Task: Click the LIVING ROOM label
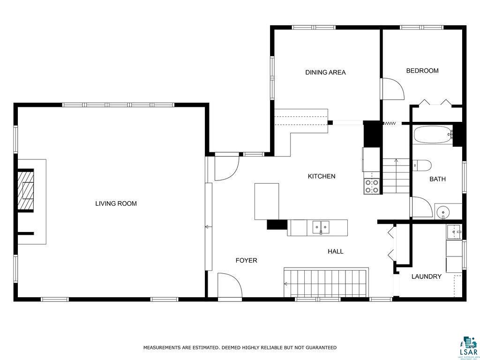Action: [116, 203]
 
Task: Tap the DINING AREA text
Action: [325, 72]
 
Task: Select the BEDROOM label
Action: [422, 71]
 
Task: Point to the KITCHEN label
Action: [322, 176]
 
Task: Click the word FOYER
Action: [246, 260]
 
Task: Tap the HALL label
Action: [336, 251]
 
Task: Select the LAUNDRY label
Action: [426, 277]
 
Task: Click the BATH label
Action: [437, 179]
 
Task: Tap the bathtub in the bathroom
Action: [433, 135]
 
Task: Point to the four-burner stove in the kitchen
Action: [372, 187]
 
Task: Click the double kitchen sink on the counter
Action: [321, 227]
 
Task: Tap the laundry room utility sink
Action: [453, 232]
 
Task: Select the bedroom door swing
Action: [392, 89]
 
